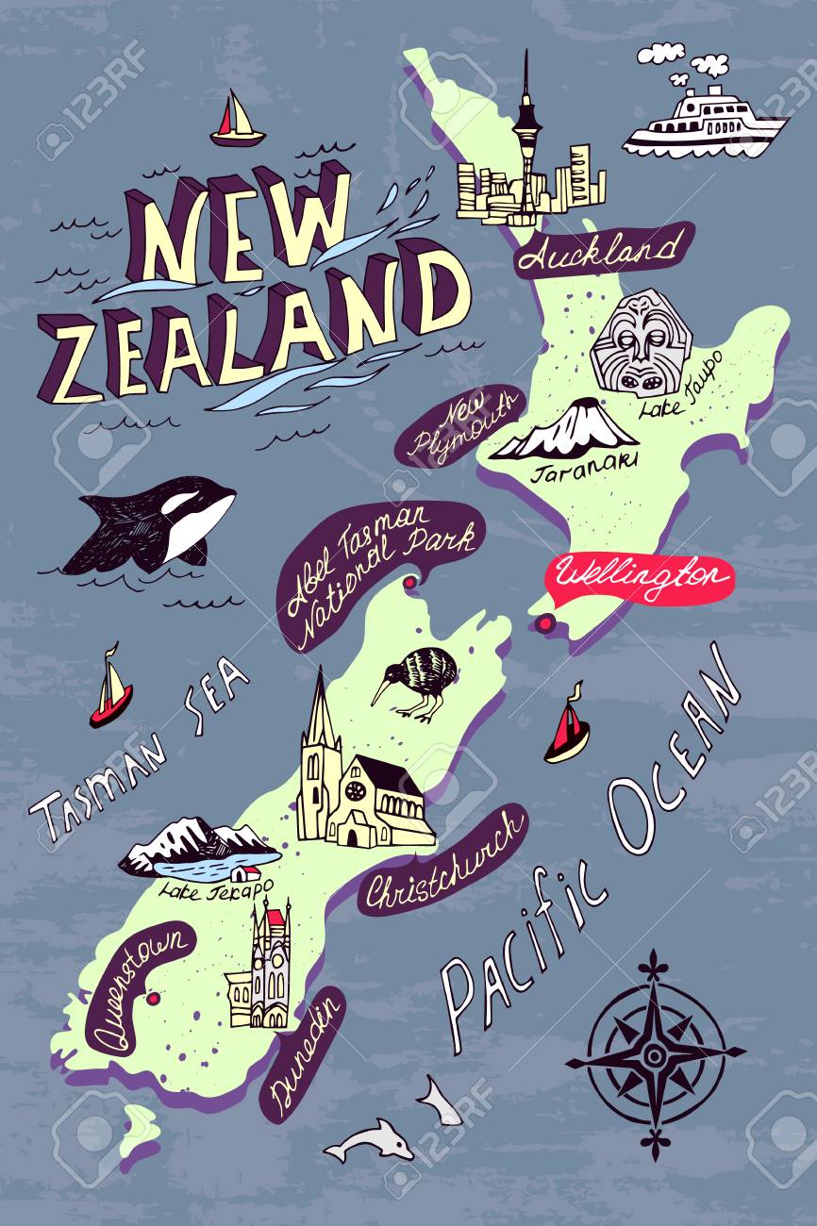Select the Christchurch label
point(443,861)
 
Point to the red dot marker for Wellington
point(543,622)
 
